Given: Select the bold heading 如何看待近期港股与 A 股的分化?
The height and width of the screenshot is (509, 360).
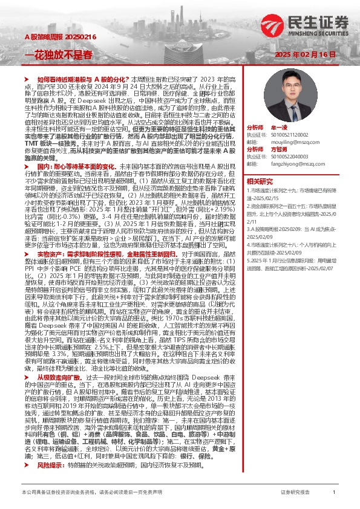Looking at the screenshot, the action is [81, 79].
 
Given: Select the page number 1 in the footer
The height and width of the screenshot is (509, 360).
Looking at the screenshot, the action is [335, 493].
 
